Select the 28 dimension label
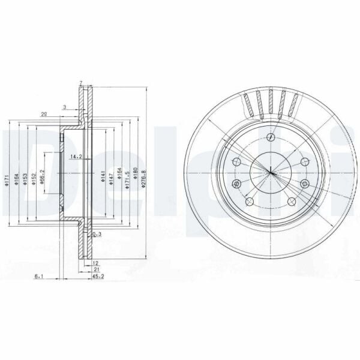[x=44, y=113]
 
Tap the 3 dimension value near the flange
[x=65, y=107]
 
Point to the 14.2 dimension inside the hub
[x=76, y=157]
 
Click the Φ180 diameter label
[x=135, y=175]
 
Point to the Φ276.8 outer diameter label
[x=143, y=178]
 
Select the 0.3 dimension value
[x=96, y=234]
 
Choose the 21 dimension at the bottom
[x=96, y=270]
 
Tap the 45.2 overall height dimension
[x=97, y=277]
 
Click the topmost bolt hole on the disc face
[x=272, y=138]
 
